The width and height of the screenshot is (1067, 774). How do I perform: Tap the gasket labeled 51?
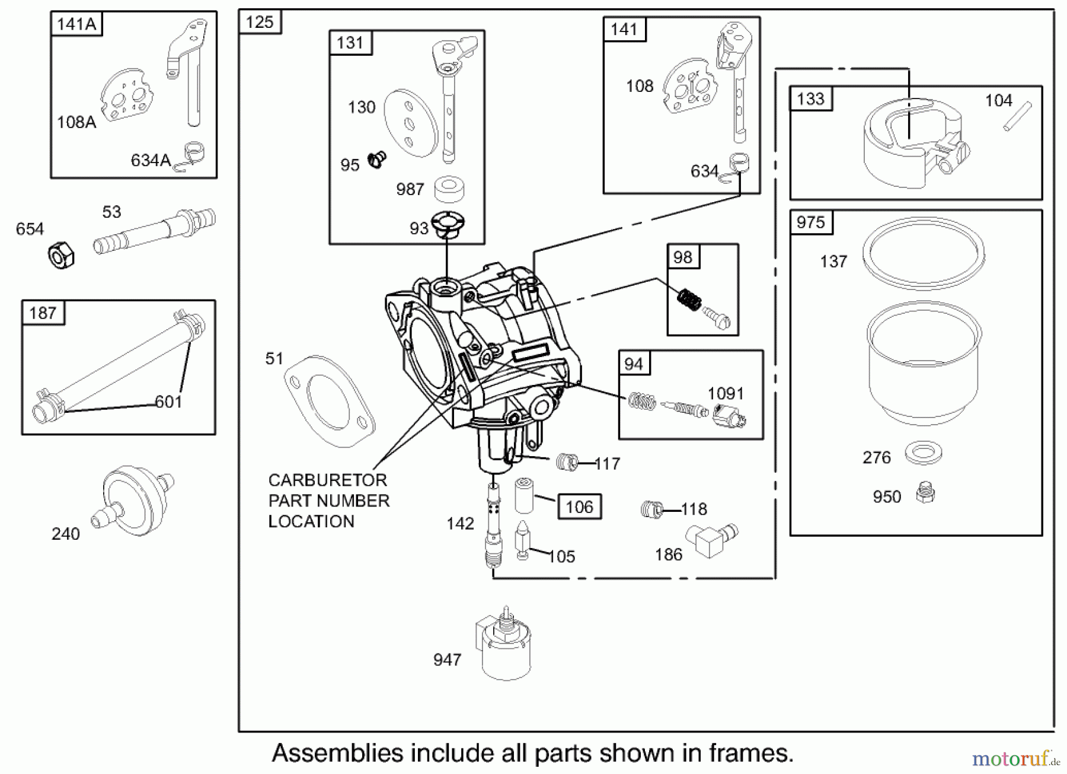[x=329, y=401]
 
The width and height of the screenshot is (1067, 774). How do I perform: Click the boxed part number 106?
[x=579, y=507]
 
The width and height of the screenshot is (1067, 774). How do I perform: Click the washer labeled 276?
[x=923, y=453]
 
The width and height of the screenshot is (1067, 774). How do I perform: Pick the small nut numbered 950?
[x=925, y=493]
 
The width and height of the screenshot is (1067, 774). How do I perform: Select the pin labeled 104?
[x=1017, y=117]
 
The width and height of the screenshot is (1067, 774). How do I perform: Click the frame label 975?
[x=810, y=222]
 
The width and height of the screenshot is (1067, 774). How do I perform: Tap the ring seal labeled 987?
[x=449, y=189]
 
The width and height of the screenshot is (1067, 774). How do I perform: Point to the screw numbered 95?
[x=376, y=159]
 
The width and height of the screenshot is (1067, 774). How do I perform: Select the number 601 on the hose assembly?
[x=168, y=402]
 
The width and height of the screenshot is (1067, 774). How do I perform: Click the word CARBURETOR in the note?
[x=327, y=480]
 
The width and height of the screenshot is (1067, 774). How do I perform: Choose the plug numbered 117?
[x=567, y=462]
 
